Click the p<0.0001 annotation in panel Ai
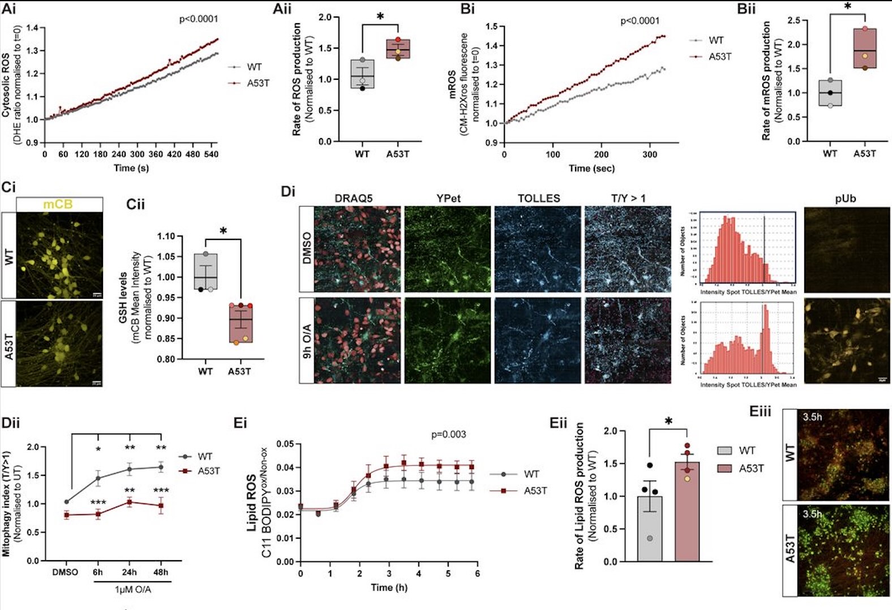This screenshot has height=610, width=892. point(199,19)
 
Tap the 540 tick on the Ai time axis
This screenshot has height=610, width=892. point(211,154)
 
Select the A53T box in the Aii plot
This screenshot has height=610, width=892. point(398,49)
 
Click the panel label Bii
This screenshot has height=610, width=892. point(746,9)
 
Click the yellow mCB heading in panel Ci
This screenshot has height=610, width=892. point(58,204)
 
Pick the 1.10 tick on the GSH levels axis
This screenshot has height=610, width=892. point(166,237)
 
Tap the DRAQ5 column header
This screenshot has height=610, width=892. point(354,198)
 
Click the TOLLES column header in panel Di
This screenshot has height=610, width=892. point(538,198)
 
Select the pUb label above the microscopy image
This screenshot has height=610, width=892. point(845,198)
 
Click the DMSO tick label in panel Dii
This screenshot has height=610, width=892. point(65,572)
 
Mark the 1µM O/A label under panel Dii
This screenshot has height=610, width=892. point(132,590)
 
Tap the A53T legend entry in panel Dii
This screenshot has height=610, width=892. point(208,471)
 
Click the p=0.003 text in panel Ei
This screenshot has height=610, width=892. point(448,434)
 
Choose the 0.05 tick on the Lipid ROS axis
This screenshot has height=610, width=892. point(285,444)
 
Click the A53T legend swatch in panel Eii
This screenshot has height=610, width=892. point(725,468)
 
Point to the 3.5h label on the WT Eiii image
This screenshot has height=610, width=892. point(812,417)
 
